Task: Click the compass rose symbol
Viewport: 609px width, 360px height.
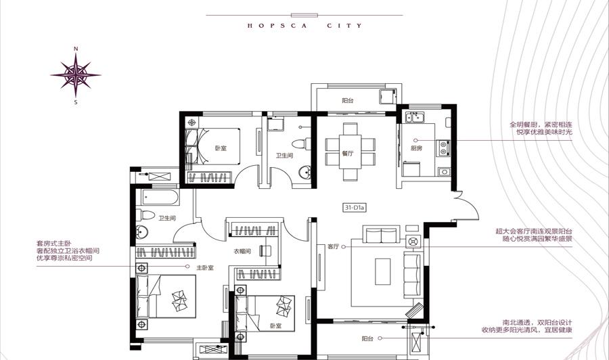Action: coord(76,75)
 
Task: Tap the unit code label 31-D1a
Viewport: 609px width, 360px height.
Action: coord(354,208)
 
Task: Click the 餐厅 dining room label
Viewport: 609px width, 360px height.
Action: coord(348,154)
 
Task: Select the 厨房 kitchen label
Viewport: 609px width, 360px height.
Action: coord(416,148)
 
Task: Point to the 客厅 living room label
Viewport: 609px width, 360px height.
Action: coord(333,246)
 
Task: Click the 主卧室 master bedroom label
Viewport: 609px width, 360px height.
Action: coord(204,267)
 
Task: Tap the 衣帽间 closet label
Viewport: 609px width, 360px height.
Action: coord(242,251)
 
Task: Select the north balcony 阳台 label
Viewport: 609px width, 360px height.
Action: coord(348,101)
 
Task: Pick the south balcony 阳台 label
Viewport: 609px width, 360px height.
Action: coord(367,338)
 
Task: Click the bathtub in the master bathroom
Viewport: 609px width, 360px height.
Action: coord(160,198)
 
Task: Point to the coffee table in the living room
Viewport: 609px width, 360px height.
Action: coord(382,271)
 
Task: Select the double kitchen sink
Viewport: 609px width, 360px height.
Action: coord(415,117)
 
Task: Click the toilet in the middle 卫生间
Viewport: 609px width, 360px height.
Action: coord(301,144)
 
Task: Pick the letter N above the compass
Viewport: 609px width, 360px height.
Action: coord(76,49)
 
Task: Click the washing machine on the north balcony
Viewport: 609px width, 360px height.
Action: coord(388,96)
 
